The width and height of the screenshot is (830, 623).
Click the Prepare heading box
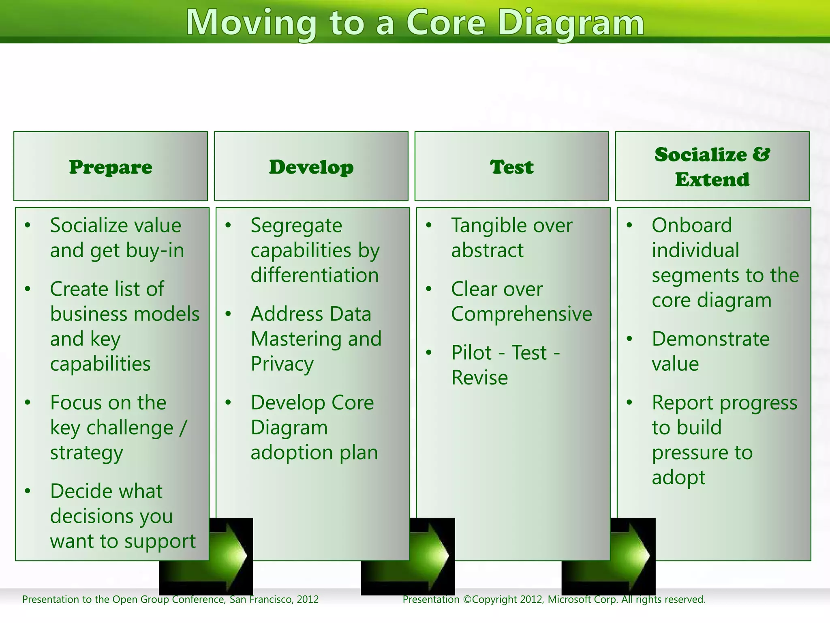[x=110, y=166]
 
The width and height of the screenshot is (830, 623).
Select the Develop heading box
[x=311, y=166]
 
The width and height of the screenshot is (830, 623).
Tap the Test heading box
[x=511, y=166]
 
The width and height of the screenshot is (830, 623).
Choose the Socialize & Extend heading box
[x=712, y=166]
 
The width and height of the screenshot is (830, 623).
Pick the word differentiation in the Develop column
[x=314, y=275]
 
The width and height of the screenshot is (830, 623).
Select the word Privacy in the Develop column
[x=282, y=364]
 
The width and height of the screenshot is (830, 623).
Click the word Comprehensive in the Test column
[x=522, y=314]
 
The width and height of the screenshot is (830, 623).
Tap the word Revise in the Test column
[x=479, y=378]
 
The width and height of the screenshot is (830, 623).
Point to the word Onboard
[x=692, y=225]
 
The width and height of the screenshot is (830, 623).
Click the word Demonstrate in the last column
[x=710, y=339]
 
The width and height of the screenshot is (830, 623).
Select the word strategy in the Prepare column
[x=86, y=453]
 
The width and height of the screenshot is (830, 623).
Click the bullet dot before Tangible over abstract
[x=429, y=225]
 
